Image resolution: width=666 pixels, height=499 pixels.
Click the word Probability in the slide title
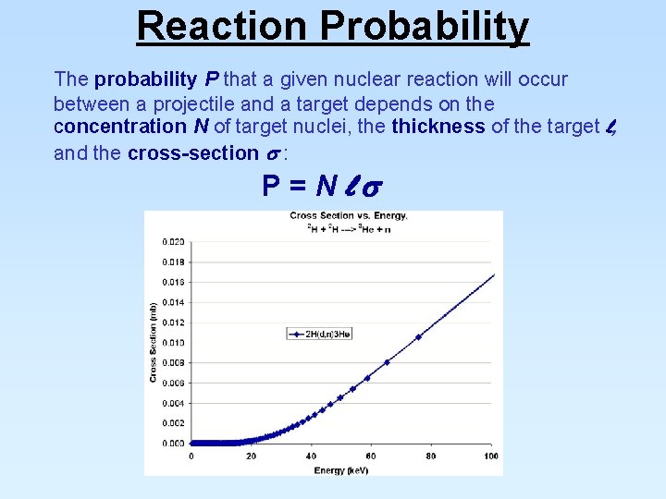[x=425, y=26]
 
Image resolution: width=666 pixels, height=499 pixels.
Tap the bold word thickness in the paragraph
[x=438, y=127]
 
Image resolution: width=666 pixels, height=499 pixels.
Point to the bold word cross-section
[x=192, y=153]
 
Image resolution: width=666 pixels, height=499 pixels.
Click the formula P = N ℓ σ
[x=319, y=187]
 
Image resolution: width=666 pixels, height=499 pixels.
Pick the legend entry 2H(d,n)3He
[x=322, y=334]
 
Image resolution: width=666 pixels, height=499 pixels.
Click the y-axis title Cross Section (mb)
[x=153, y=342]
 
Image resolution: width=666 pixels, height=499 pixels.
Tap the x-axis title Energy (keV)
[x=340, y=469]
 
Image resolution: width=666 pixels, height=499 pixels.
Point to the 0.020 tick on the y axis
[x=172, y=242]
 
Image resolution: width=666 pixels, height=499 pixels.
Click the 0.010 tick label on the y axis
[x=172, y=343]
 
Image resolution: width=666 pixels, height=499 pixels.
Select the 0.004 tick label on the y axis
[x=172, y=403]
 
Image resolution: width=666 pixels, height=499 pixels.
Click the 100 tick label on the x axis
[x=490, y=456]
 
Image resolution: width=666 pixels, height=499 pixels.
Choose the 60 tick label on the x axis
[x=371, y=456]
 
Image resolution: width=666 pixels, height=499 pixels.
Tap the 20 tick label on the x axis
[x=251, y=456]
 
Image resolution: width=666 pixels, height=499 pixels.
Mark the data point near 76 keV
[x=418, y=337]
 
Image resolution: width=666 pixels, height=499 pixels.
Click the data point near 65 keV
[x=387, y=362]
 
